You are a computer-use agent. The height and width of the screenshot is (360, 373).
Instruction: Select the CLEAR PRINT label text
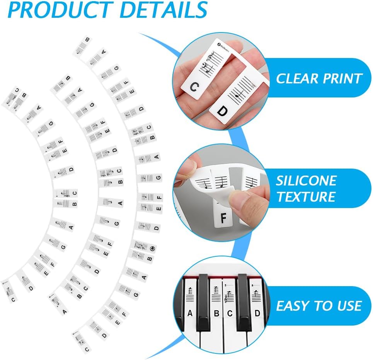click(318, 78)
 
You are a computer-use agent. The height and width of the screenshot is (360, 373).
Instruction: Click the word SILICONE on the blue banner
click(306, 181)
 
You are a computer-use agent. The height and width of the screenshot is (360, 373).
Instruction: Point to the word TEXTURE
click(306, 197)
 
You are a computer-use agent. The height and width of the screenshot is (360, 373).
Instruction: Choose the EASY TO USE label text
click(318, 306)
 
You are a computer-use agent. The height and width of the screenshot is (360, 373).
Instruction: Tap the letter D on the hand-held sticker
click(222, 111)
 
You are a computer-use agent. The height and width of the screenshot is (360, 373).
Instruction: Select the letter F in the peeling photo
click(223, 218)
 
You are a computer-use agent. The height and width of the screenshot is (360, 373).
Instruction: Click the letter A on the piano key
click(189, 313)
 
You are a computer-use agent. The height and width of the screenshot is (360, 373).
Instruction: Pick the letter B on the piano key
click(216, 313)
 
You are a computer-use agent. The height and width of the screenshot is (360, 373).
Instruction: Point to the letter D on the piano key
click(257, 313)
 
